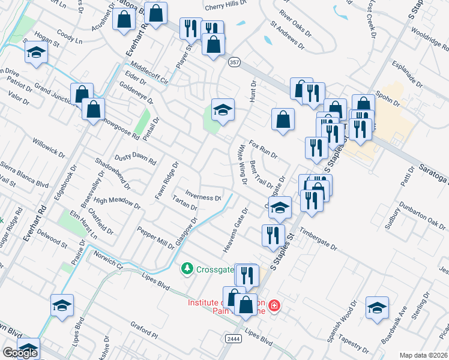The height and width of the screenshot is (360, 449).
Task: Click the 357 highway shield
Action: [x=234, y=61]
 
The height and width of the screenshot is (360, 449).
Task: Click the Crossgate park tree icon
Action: [x=188, y=268]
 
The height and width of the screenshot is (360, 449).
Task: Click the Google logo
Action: [x=20, y=353]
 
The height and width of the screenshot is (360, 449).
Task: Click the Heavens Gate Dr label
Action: [x=235, y=230]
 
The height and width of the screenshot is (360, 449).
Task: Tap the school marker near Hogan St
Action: [x=36, y=53]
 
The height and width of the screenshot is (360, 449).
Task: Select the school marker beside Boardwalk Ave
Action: [x=377, y=308]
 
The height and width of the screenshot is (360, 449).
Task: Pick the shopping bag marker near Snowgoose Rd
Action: [x=93, y=110]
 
